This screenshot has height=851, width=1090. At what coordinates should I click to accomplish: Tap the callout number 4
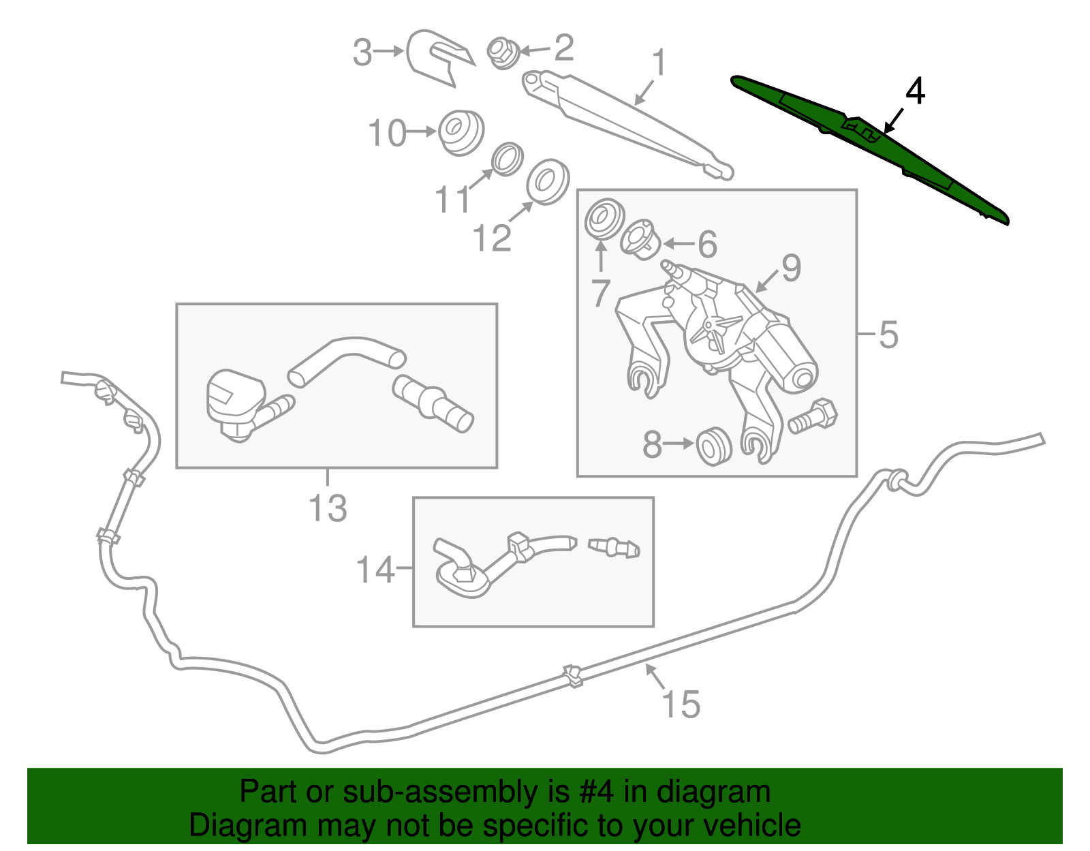[915, 91]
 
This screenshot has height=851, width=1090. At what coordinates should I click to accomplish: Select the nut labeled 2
[503, 52]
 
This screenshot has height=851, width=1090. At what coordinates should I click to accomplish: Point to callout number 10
[387, 133]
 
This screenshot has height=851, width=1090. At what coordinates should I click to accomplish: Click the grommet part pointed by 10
[461, 131]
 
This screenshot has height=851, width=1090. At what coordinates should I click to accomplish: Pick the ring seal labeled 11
[508, 159]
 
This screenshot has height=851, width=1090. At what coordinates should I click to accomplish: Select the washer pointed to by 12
[547, 181]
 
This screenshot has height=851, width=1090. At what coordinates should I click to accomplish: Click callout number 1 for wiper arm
[658, 63]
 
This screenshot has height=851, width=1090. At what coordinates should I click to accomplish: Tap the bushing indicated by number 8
[714, 446]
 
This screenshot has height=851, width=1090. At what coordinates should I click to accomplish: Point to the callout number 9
[790, 268]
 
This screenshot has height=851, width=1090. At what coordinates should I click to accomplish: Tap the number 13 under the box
[328, 508]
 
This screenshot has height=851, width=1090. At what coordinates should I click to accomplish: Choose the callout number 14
[375, 570]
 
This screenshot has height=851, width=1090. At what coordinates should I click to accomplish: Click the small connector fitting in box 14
[614, 547]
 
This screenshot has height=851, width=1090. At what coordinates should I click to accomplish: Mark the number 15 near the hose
[680, 705]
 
